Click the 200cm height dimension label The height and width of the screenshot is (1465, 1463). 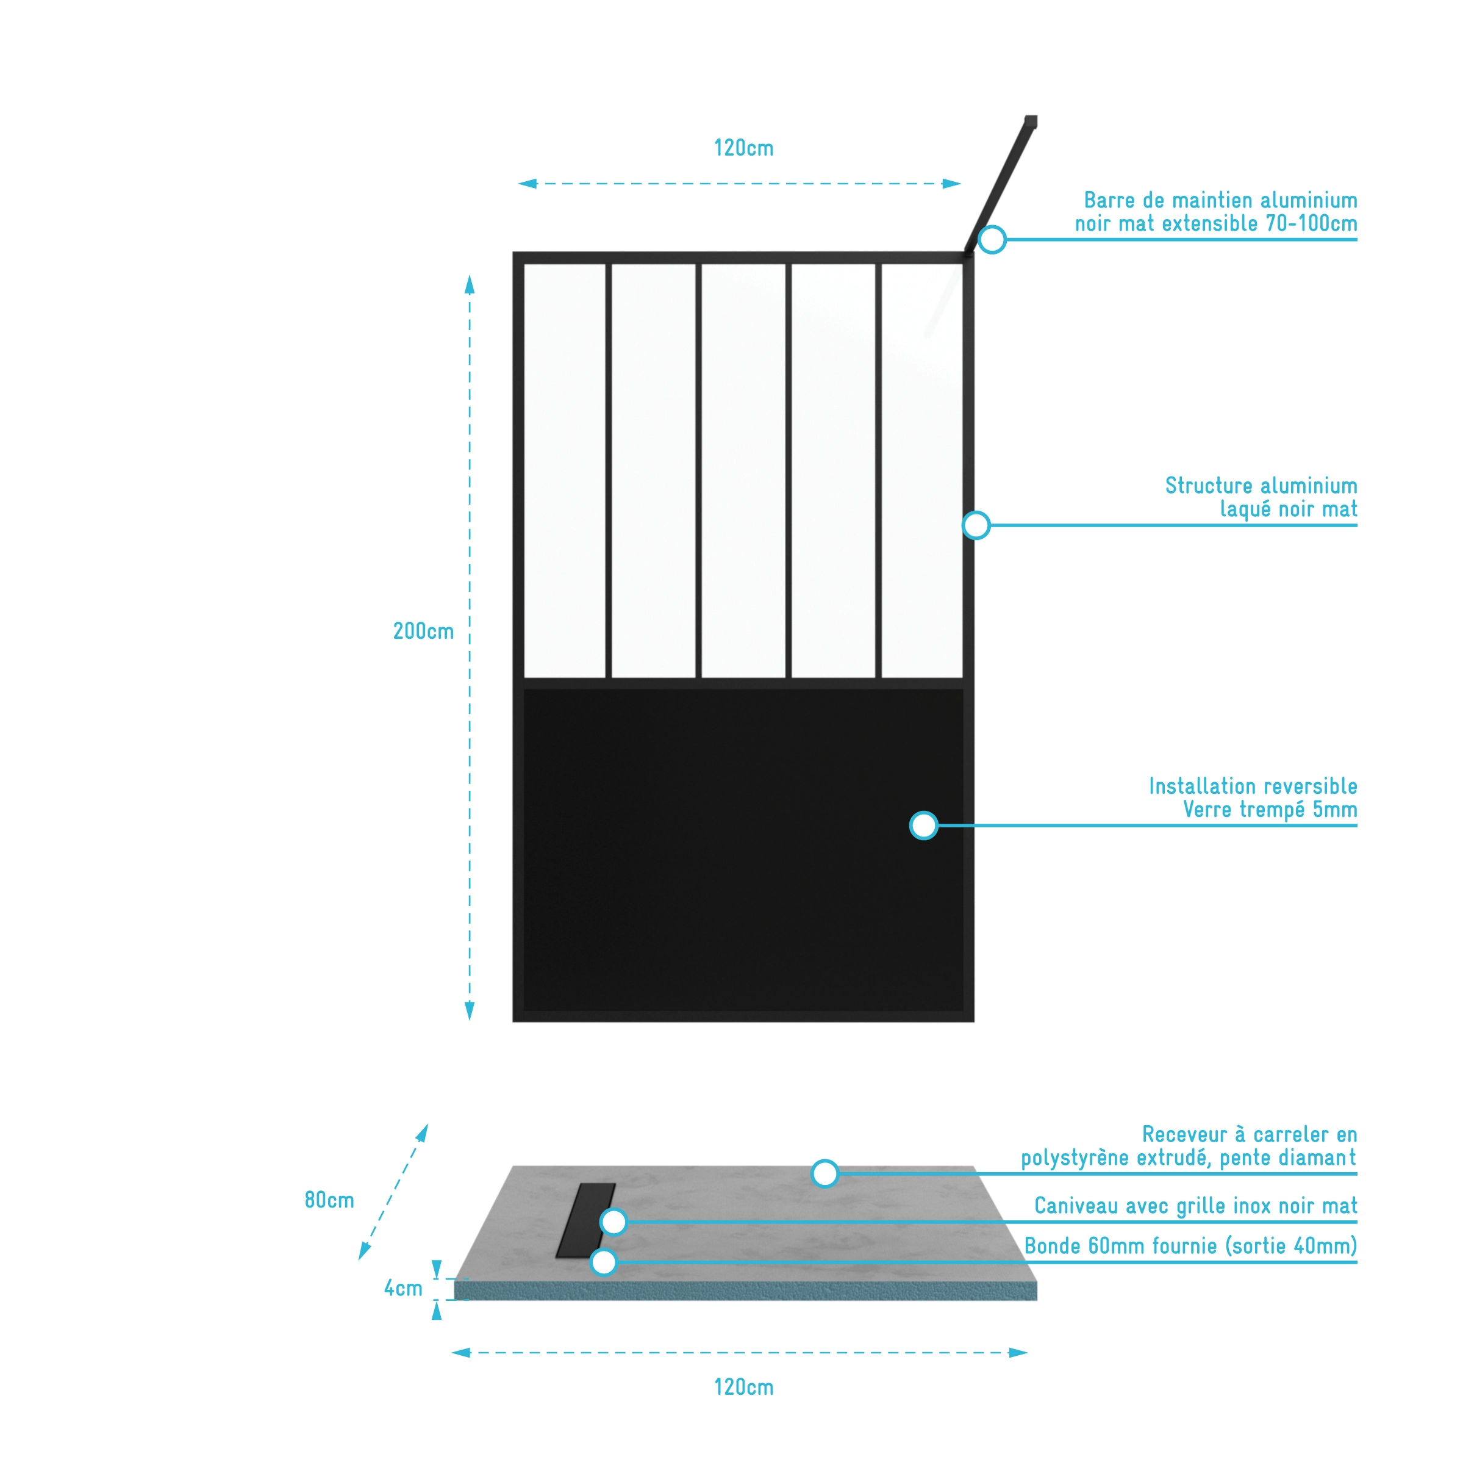423,631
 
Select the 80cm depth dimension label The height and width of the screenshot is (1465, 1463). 329,1200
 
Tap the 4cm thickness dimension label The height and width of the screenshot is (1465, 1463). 402,1287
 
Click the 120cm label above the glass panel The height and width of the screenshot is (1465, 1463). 743,148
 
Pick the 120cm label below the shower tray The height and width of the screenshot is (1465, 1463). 743,1387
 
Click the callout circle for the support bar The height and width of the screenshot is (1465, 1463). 992,240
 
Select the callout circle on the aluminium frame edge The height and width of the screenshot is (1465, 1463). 976,525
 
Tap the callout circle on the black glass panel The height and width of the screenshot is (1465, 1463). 923,825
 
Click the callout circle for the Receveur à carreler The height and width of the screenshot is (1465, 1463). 825,1173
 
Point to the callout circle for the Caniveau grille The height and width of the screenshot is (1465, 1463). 613,1222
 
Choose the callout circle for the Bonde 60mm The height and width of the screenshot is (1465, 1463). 603,1262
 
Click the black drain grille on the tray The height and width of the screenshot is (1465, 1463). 585,1219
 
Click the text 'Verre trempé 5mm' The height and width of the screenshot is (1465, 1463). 1270,810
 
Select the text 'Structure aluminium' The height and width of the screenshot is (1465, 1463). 1261,485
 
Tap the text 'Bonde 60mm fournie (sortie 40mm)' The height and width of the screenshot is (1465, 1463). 1190,1246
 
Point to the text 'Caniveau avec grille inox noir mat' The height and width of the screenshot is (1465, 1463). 1195,1206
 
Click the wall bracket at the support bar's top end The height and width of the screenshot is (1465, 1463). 1031,121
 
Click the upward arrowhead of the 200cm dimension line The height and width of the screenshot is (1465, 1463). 469,284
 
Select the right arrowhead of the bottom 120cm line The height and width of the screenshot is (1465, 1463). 1018,1352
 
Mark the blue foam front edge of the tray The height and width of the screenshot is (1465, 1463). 745,1290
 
